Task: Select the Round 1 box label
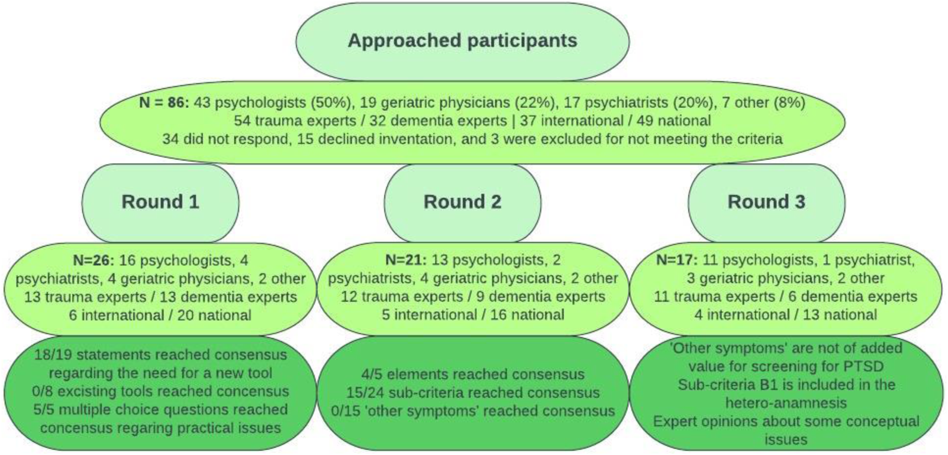160,201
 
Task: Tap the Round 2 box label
463,201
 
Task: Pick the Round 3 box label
767,201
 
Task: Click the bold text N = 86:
164,103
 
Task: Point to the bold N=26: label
94,261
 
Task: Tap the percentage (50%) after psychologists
331,103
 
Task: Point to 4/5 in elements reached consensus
372,375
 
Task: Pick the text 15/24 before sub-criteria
365,393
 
